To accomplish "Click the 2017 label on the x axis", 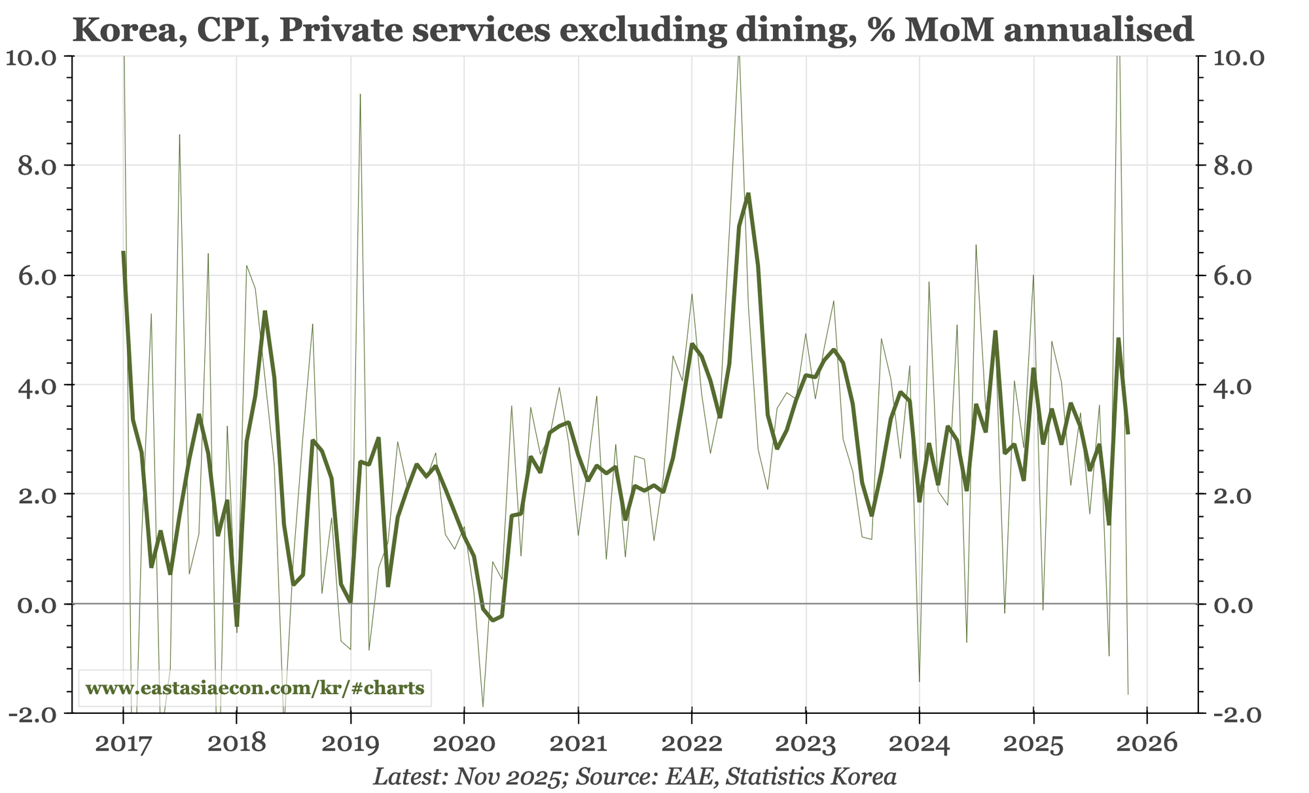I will click(123, 745).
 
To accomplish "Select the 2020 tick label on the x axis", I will click(464, 745).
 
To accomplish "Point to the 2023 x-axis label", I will click(806, 745).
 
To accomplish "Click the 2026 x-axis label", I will click(1147, 745).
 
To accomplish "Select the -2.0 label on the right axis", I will click(1234, 714).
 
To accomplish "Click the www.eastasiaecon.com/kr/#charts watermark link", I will click(255, 688).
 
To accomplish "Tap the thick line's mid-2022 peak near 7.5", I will click(748, 194).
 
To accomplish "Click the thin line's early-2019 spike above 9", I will click(360, 95).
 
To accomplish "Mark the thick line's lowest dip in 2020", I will click(492, 620).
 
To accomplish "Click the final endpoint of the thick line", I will click(1128, 433).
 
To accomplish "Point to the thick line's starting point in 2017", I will click(123, 251).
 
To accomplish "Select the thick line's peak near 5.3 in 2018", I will click(265, 312).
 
